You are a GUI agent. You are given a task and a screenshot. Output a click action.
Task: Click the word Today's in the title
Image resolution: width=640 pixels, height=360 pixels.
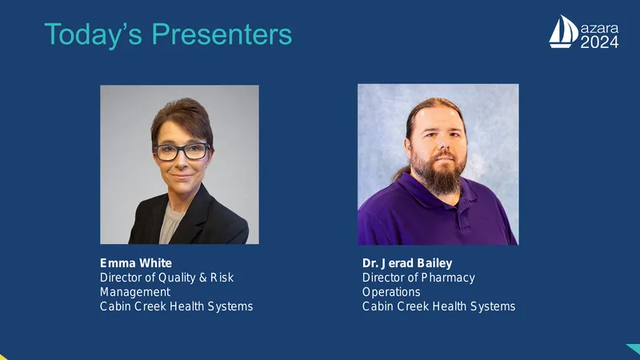click(93, 35)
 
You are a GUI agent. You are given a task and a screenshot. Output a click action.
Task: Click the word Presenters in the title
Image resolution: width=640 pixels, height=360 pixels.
click(222, 34)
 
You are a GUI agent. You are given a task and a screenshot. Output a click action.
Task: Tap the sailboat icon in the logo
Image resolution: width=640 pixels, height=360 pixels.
click(563, 31)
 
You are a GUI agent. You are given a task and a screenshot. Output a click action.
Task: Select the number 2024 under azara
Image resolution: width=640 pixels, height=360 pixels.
click(599, 42)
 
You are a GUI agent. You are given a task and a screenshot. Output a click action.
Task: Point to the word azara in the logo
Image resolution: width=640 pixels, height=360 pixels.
click(599, 29)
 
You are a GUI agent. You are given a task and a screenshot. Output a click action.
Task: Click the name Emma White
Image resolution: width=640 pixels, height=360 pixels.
click(136, 263)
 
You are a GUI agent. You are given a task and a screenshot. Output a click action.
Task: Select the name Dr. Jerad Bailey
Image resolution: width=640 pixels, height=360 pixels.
click(407, 263)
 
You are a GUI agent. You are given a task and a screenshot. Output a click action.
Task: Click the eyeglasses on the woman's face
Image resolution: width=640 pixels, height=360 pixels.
click(182, 151)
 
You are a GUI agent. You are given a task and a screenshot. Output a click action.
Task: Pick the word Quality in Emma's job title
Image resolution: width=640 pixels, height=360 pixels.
click(177, 278)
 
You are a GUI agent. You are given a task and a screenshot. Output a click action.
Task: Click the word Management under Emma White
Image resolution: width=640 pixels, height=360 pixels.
click(135, 293)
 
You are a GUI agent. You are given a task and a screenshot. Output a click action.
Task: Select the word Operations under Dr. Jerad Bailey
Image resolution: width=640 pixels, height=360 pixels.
click(391, 292)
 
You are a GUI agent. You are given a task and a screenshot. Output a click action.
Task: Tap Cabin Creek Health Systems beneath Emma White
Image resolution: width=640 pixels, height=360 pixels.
click(176, 306)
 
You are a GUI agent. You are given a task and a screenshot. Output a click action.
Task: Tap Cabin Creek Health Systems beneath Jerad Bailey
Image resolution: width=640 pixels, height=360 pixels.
click(438, 306)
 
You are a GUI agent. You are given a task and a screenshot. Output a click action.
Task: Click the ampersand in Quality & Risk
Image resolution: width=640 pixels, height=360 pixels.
click(203, 278)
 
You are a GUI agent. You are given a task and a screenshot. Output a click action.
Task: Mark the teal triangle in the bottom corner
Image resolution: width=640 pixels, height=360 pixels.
click(634, 349)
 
